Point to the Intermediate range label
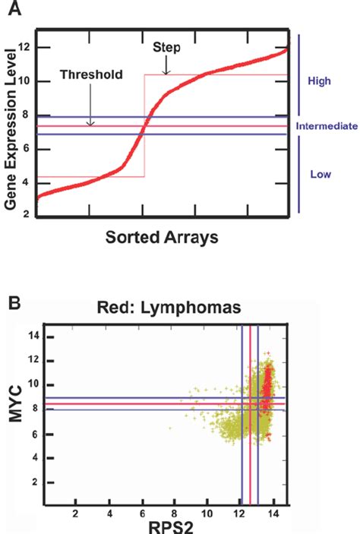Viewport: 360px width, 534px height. tap(328, 128)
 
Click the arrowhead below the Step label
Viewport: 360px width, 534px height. tap(166, 72)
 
